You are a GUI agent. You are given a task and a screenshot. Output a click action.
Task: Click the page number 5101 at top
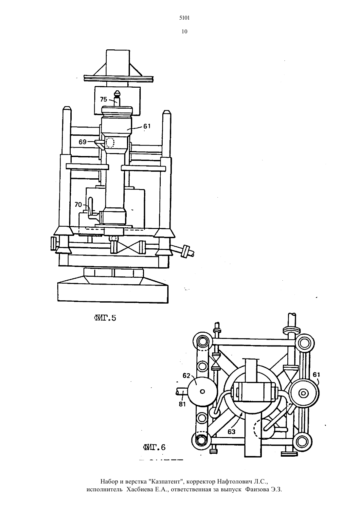coord(184,18)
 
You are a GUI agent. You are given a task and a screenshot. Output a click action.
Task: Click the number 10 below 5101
coord(184,32)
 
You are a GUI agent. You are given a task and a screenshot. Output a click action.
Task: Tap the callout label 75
coord(103,99)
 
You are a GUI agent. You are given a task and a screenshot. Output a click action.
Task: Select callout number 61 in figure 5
coord(147,126)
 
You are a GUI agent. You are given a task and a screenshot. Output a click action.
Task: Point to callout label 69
coord(82,142)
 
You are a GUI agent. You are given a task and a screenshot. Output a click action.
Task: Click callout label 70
coord(78,205)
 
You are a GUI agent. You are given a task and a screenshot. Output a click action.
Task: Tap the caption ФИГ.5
coord(105,318)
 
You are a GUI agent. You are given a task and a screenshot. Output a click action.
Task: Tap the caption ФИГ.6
coord(154,448)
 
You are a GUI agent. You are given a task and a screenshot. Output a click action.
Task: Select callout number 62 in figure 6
coord(186,376)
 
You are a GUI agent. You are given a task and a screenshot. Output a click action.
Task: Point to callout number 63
coord(231,431)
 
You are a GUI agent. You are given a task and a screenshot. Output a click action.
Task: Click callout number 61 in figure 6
coord(316,374)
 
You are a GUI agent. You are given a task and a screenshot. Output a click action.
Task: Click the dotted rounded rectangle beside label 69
coord(110,143)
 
